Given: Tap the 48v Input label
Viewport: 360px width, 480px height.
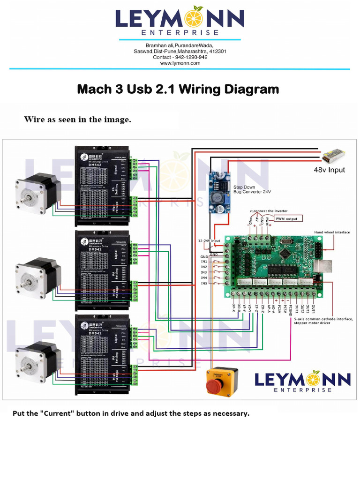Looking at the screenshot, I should pyautogui.click(x=329, y=170).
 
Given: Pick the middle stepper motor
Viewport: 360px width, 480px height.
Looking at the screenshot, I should pyautogui.click(x=38, y=277).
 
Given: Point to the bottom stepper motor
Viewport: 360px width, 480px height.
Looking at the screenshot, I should pyautogui.click(x=38, y=361).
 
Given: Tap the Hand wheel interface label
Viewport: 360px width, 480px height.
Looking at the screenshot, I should pyautogui.click(x=332, y=232).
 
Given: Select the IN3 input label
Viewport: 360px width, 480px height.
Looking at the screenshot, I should pyautogui.click(x=204, y=272).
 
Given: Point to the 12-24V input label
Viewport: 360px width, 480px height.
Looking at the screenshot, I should pyautogui.click(x=209, y=240).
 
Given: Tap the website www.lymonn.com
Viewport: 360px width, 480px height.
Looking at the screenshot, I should pyautogui.click(x=180, y=63).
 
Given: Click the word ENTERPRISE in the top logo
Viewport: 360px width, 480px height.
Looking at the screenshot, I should pyautogui.click(x=180, y=33).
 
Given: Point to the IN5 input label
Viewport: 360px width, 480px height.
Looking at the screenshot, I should pyautogui.click(x=204, y=284).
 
